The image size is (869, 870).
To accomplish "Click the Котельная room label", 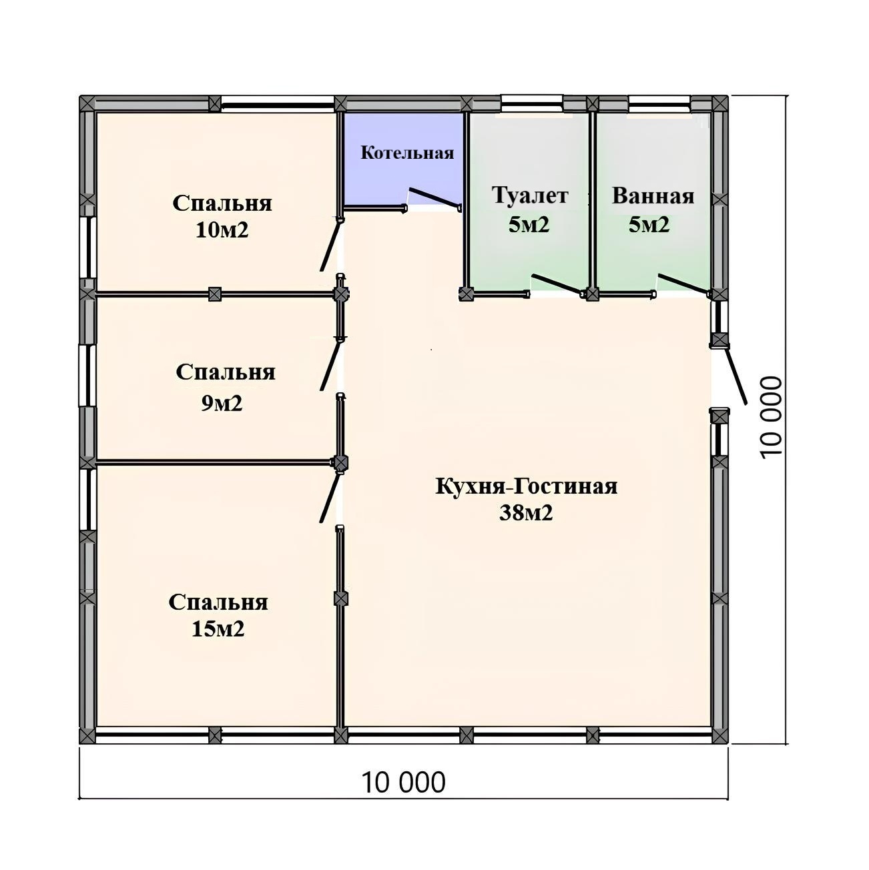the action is click(407, 153).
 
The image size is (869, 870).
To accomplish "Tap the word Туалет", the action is click(529, 195).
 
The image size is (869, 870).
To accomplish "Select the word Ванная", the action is click(653, 196).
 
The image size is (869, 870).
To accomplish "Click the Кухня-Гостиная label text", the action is click(526, 486).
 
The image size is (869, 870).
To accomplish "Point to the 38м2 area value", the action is click(526, 512).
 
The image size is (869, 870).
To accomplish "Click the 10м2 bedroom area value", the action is click(222, 230).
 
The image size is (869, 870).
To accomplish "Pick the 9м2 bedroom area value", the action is click(222, 403).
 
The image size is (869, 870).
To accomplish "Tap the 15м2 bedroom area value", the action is click(218, 628).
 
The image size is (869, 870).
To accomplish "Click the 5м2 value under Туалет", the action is click(529, 224).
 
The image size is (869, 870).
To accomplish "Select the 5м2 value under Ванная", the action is click(649, 224).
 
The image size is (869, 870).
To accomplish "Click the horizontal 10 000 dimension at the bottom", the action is click(403, 782).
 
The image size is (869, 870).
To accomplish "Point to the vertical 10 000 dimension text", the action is click(770, 418).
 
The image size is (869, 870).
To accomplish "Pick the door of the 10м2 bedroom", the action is click(329, 246).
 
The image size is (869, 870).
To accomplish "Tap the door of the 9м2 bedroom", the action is click(329, 365).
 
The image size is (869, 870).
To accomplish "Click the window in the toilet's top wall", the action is click(531, 103).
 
